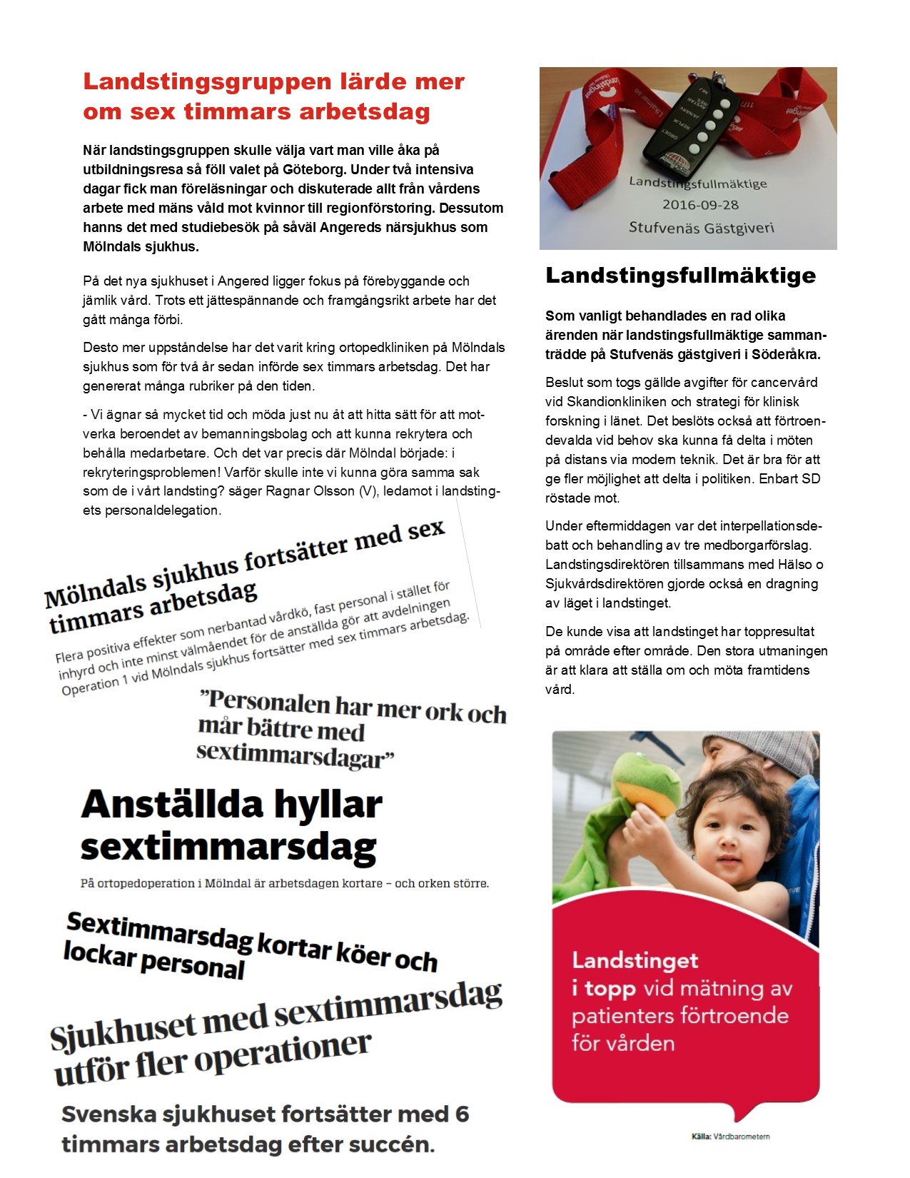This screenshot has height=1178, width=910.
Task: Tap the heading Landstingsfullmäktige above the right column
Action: click(680, 276)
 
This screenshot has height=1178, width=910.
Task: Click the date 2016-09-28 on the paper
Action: click(700, 205)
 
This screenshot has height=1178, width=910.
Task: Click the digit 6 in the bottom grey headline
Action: click(461, 1114)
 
